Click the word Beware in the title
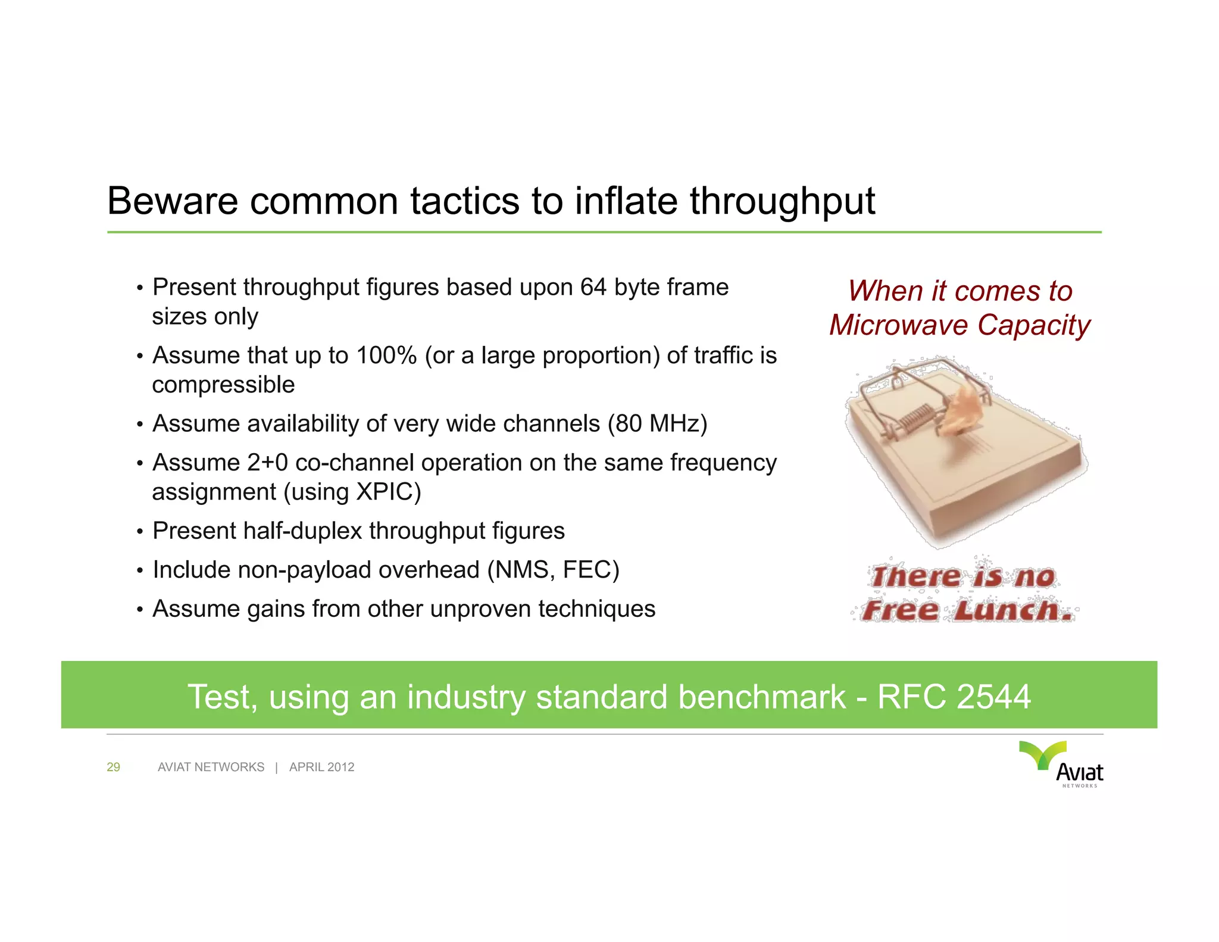(173, 201)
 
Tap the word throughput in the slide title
(782, 202)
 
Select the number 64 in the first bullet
(593, 288)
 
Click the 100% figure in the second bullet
(386, 356)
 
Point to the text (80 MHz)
(657, 424)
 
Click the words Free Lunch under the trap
(967, 611)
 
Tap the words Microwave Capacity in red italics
(959, 326)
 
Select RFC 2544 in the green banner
(954, 697)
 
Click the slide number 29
(113, 768)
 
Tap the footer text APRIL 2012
(321, 768)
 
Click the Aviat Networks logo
(1062, 764)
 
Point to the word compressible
(223, 385)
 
